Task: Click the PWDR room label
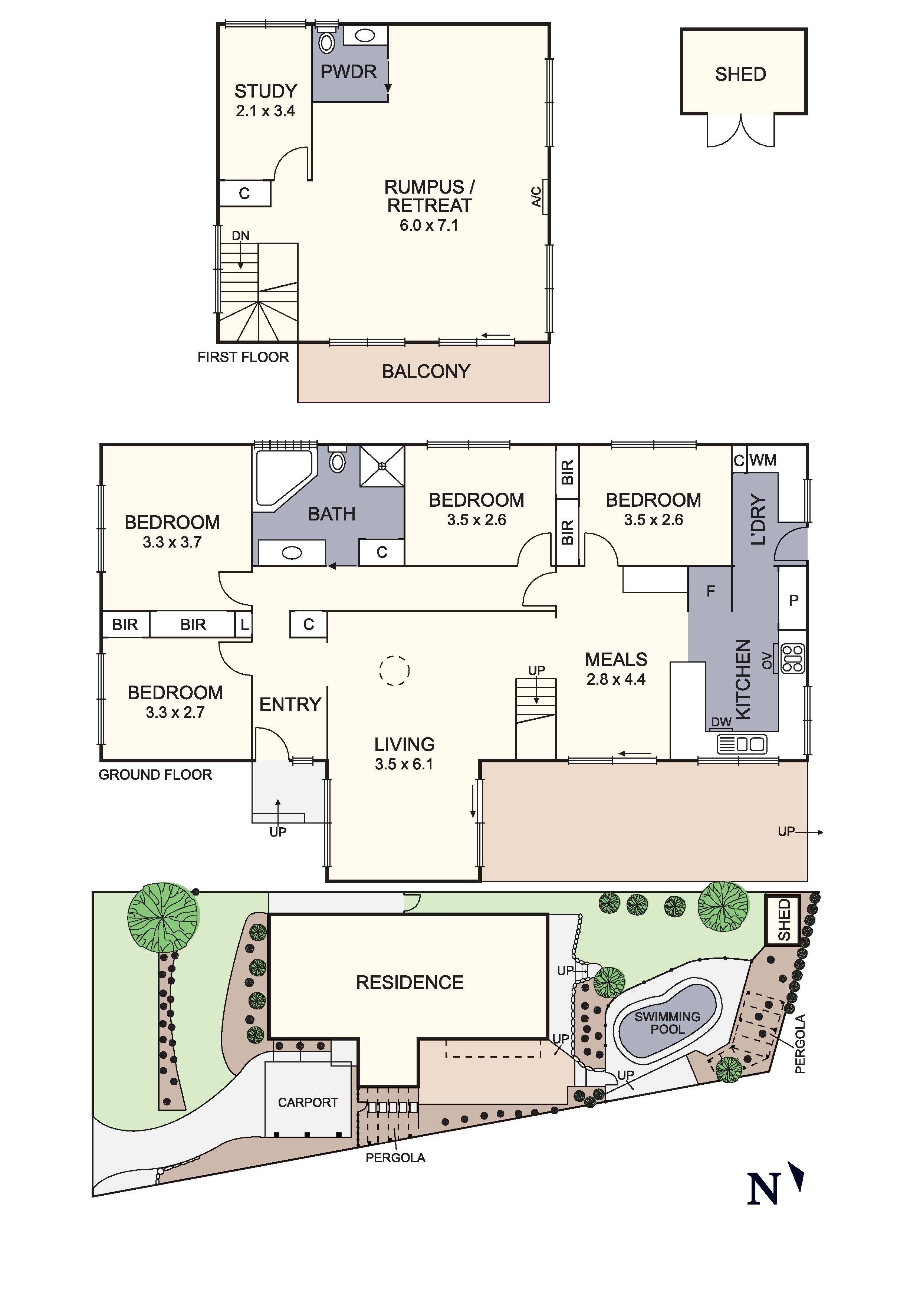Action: [348, 72]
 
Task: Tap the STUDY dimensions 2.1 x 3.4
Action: [265, 111]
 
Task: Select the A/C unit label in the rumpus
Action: [536, 196]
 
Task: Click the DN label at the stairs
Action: [240, 235]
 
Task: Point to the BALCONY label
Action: [426, 372]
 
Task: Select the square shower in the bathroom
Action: [382, 466]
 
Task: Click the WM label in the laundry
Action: [763, 460]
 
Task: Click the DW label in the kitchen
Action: [721, 722]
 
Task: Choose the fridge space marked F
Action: [710, 591]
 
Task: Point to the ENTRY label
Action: [290, 704]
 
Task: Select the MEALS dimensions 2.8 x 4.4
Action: [616, 679]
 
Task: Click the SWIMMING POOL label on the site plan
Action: [667, 1023]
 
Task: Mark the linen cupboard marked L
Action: [244, 624]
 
